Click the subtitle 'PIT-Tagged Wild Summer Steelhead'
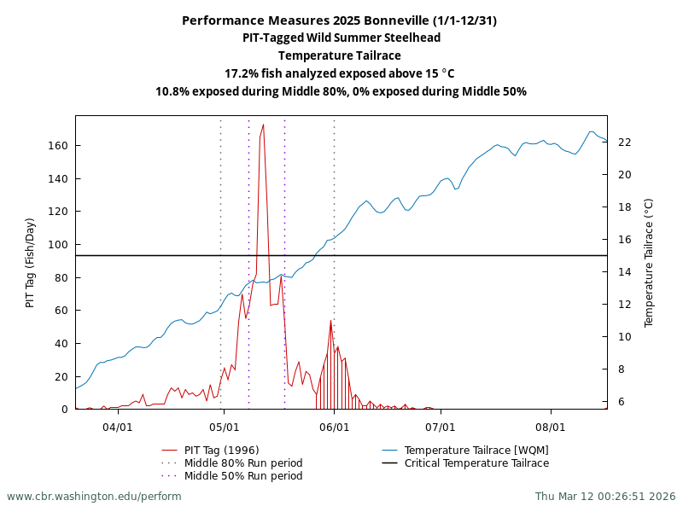341,38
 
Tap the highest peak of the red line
263,125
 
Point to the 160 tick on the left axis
58,146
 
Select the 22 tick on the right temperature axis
624,143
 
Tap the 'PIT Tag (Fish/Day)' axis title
30,263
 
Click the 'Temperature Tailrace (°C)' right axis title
648,263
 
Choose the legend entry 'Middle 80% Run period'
243,463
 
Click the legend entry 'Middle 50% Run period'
243,476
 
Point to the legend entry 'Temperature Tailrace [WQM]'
476,451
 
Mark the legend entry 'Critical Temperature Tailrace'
476,463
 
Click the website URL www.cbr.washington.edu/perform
94,497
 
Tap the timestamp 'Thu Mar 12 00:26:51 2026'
605,497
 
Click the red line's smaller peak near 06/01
330,321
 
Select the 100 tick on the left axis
58,245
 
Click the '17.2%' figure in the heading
241,73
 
